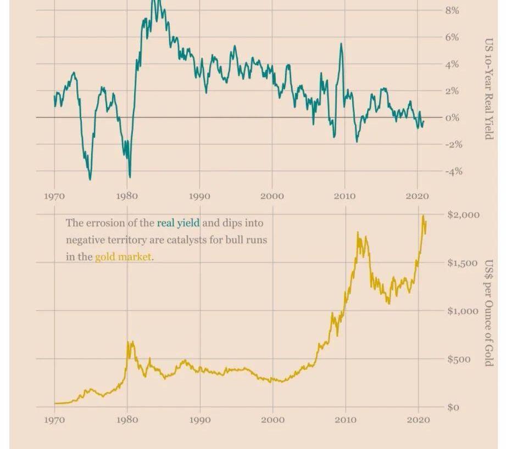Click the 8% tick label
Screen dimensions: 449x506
(x=452, y=10)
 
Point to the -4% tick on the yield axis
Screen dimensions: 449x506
(x=454, y=171)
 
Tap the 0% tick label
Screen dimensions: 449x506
(x=452, y=118)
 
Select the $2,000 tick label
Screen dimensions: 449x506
(x=463, y=215)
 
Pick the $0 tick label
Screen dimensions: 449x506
(x=453, y=407)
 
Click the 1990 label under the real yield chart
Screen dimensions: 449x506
(x=199, y=197)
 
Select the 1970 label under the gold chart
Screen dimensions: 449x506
(x=54, y=420)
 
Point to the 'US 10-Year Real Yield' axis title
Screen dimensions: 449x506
(x=488, y=89)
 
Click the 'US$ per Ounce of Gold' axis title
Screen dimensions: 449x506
(x=488, y=313)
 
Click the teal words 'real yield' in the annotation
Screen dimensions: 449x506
(x=178, y=223)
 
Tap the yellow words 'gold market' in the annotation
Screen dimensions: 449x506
(x=123, y=257)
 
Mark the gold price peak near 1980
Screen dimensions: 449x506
(x=130, y=343)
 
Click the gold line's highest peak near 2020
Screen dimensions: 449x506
(x=423, y=216)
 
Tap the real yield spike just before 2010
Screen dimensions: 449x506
(x=341, y=44)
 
